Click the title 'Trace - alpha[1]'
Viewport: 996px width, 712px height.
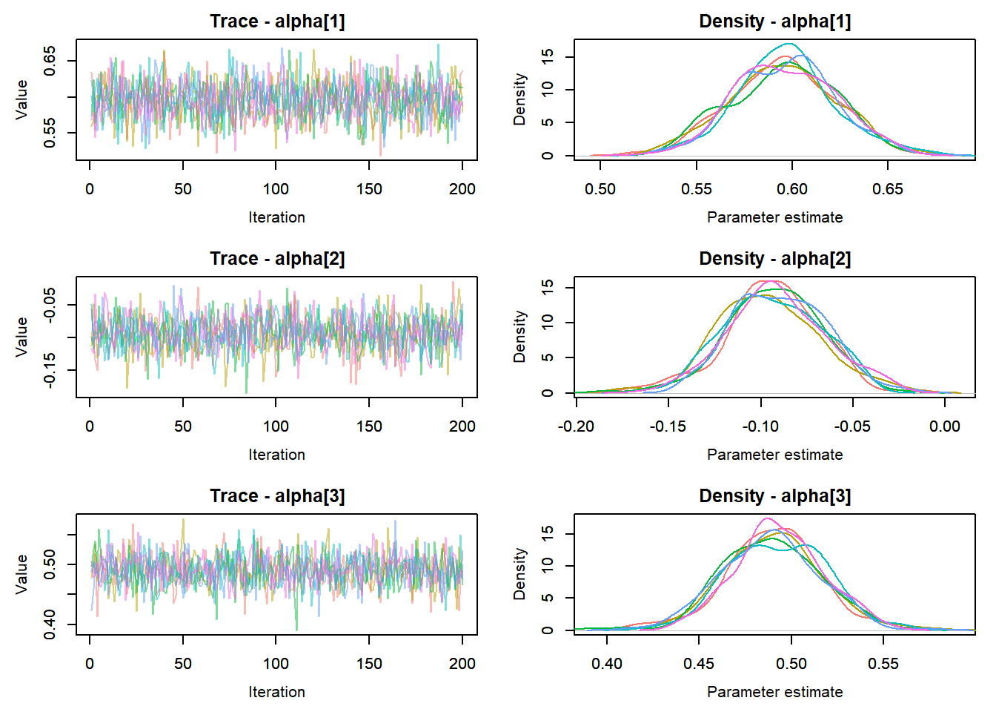click(277, 22)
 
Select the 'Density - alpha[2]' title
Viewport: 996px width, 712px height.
click(774, 259)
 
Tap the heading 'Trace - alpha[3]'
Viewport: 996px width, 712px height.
click(277, 496)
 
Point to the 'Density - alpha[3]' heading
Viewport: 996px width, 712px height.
click(774, 496)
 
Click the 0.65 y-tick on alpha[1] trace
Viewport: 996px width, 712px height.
click(50, 60)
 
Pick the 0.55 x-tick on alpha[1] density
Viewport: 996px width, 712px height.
click(696, 189)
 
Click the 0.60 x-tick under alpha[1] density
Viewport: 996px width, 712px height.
click(791, 189)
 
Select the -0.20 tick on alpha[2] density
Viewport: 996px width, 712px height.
click(576, 426)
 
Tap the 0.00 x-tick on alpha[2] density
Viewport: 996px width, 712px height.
click(945, 426)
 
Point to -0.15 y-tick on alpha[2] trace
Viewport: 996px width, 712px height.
click(50, 370)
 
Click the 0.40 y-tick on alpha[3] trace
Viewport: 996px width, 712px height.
click(50, 624)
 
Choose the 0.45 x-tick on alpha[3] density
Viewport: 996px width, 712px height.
click(699, 664)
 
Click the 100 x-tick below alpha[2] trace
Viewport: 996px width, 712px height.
click(276, 426)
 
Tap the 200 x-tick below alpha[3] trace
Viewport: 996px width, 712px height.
click(462, 664)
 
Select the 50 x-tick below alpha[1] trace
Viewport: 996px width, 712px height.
click(183, 189)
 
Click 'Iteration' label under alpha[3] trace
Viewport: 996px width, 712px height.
click(276, 692)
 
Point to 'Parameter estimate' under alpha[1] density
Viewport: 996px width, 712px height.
click(774, 217)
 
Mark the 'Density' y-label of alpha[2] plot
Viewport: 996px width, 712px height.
click(519, 337)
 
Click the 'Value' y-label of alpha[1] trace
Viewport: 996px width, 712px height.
click(21, 99)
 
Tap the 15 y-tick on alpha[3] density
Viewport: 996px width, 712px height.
click(547, 533)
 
